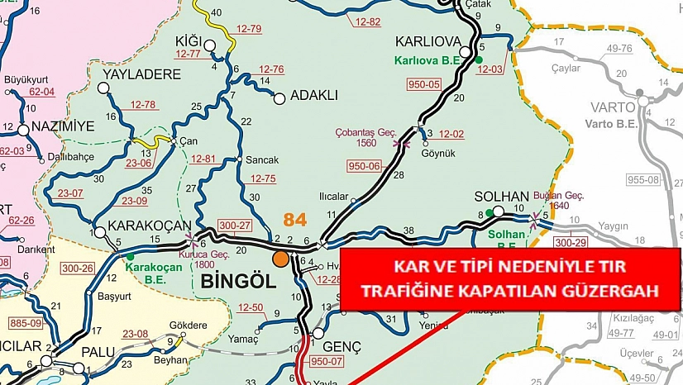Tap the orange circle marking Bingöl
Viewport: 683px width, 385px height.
point(281,259)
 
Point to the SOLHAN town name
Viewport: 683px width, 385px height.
point(496,197)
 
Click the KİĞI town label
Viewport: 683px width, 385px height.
point(189,40)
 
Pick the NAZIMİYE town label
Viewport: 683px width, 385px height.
point(63,126)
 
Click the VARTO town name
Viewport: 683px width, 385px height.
point(613,107)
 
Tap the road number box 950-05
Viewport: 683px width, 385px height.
point(424,83)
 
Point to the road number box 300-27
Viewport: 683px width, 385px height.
point(236,224)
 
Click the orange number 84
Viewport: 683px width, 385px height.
point(294,220)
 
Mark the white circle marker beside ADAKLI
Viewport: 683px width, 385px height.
point(279,98)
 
